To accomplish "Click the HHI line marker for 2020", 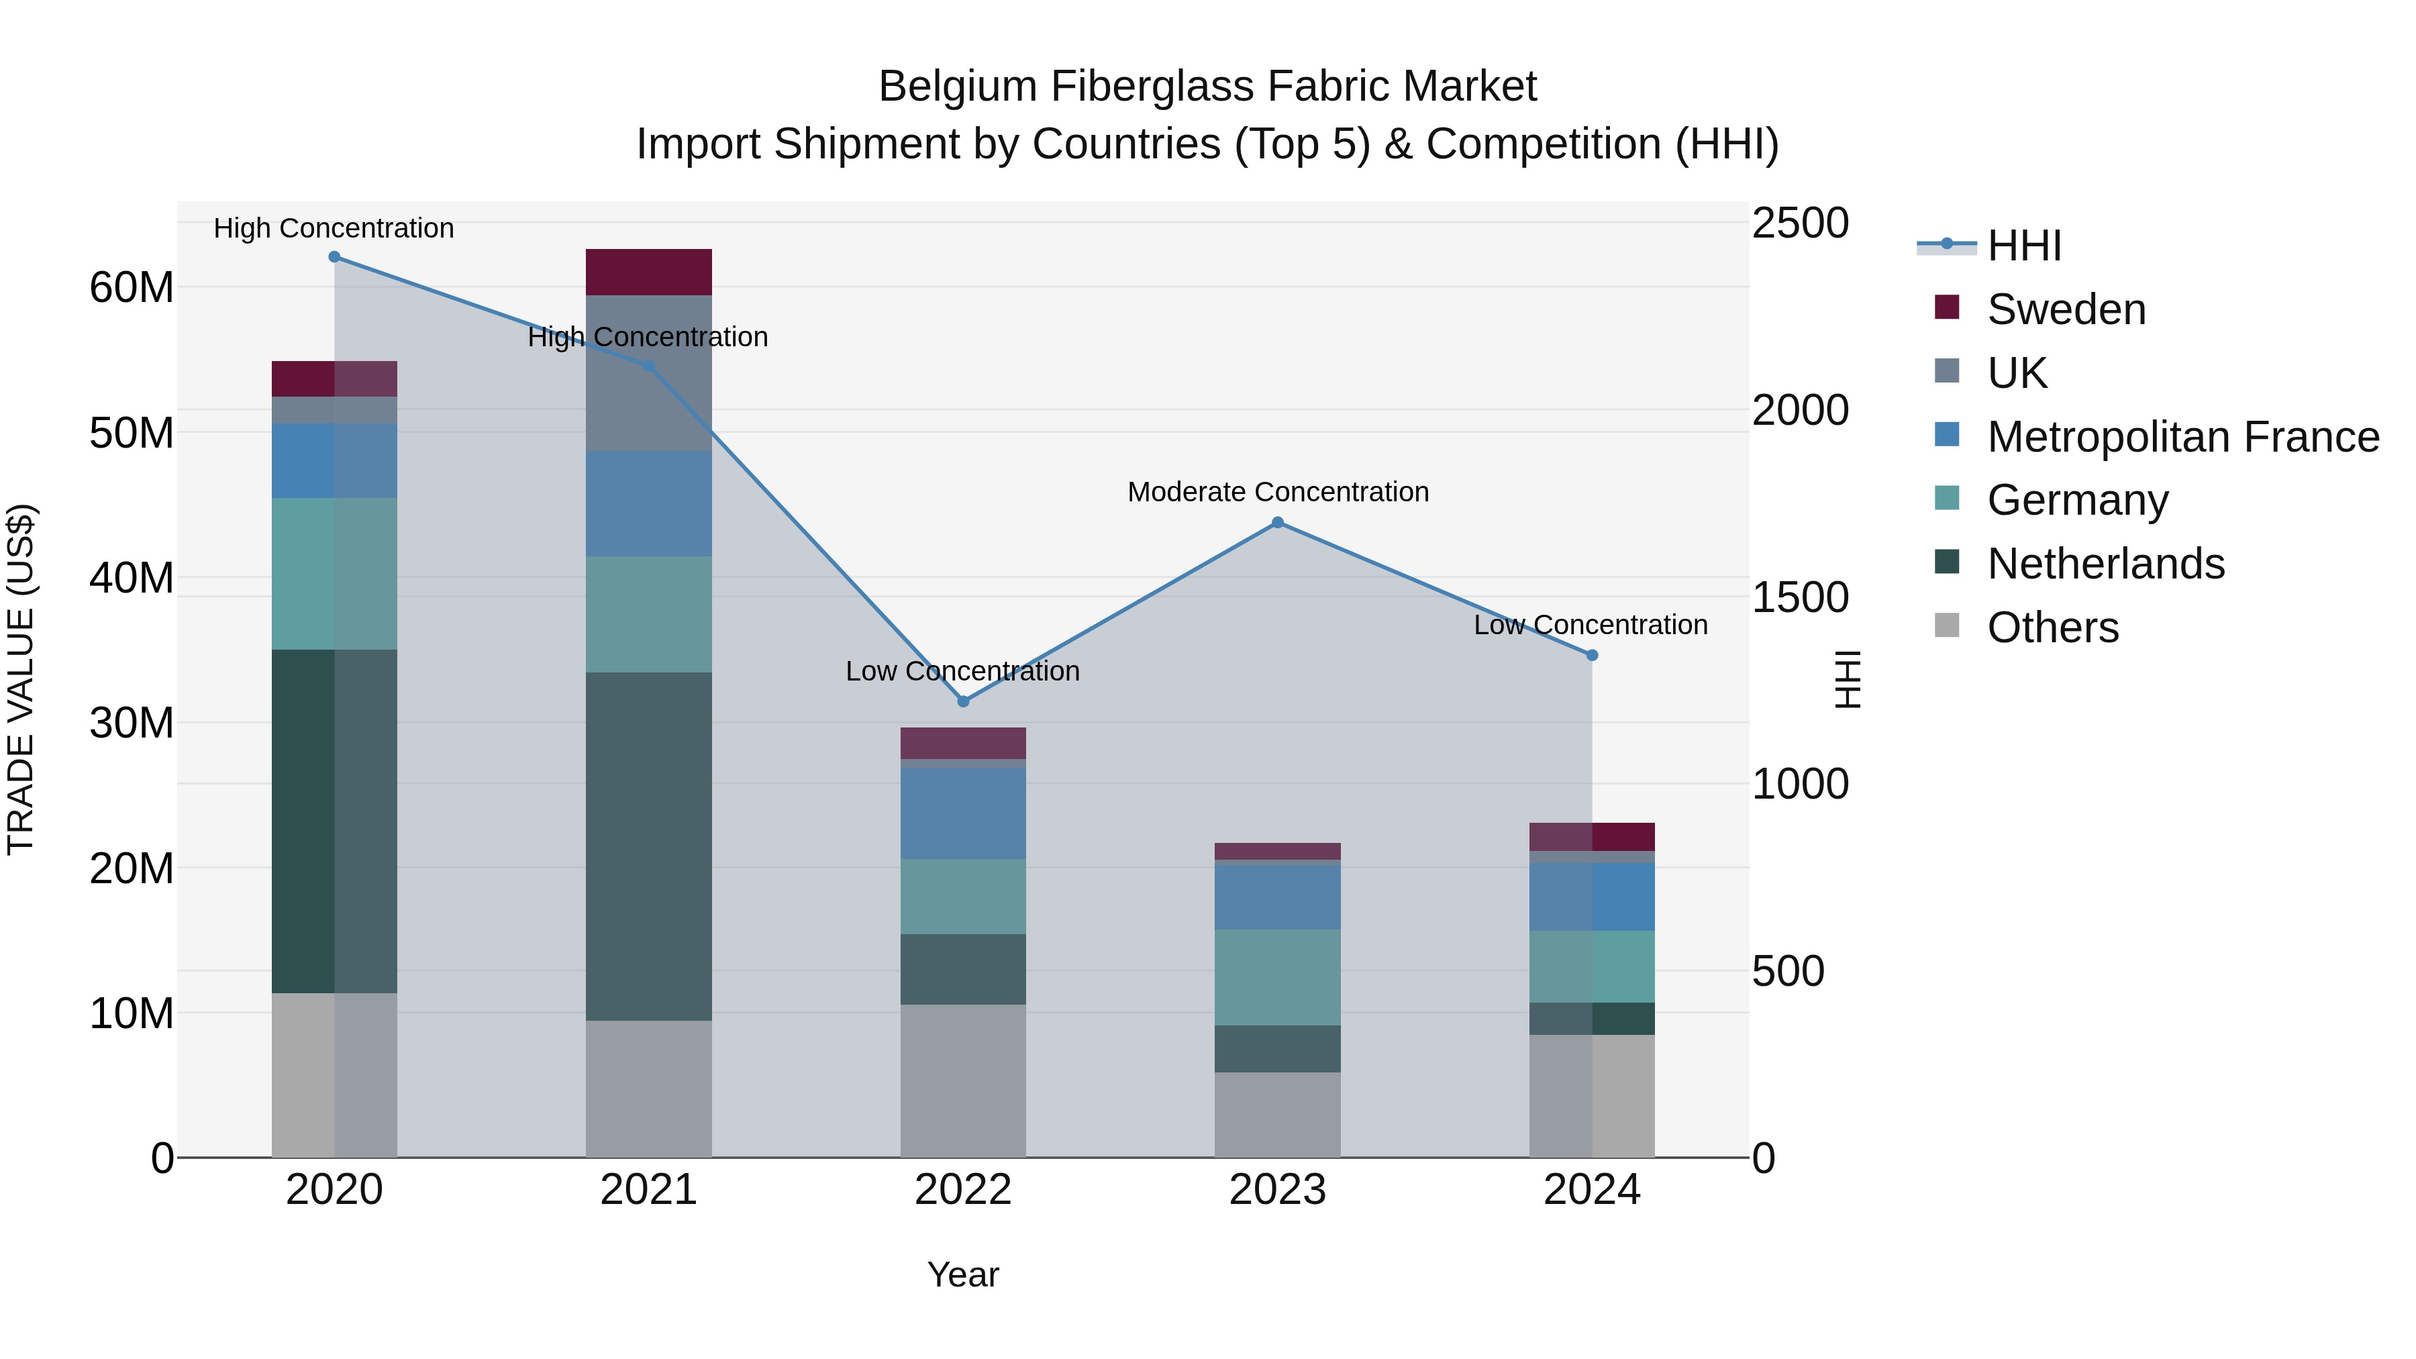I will [x=334, y=257].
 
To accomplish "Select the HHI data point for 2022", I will [x=962, y=701].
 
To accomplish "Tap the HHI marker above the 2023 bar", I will [x=1277, y=523].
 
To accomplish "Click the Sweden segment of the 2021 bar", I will [x=648, y=273].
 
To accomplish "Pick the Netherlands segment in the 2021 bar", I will [x=648, y=846].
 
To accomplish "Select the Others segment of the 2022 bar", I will [x=962, y=1080].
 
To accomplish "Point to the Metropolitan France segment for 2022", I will [x=962, y=813].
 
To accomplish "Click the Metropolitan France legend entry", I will [x=2182, y=437].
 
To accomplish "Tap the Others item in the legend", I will [x=2052, y=627].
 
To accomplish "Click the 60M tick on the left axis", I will [x=132, y=287].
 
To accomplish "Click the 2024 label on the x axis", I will [x=1592, y=1190].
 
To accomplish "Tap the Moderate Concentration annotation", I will [x=1277, y=493].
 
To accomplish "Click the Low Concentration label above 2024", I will [x=1590, y=625].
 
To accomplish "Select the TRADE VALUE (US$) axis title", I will [x=21, y=680].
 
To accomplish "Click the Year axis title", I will [x=962, y=1276].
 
